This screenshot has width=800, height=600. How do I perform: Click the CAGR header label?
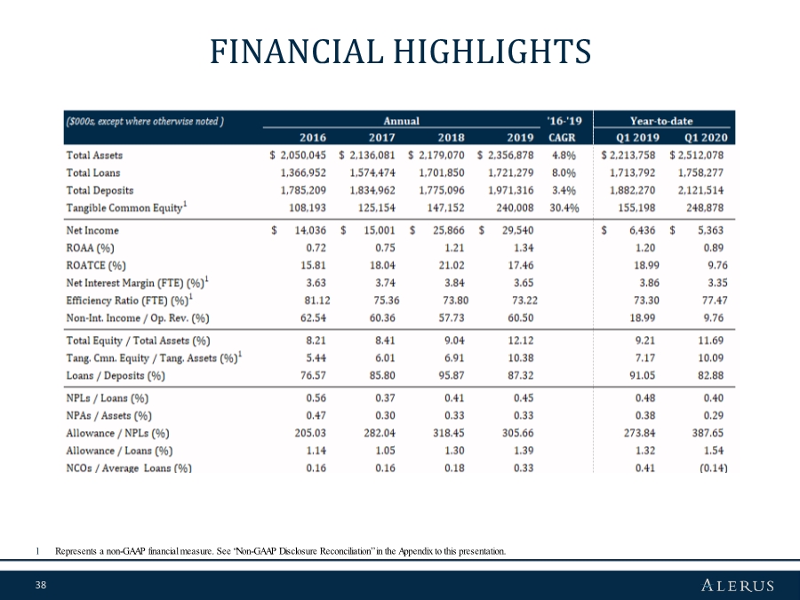562,138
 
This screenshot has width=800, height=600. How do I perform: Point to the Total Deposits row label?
100,190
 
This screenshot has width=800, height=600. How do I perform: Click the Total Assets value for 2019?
506,156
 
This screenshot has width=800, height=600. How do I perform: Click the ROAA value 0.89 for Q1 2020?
714,248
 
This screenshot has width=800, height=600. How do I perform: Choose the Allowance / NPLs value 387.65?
708,433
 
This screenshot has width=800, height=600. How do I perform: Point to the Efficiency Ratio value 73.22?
517,300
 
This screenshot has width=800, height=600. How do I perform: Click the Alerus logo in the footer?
738,585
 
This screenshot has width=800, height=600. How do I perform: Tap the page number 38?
40,585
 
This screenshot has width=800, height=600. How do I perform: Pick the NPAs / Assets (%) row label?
108,415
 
